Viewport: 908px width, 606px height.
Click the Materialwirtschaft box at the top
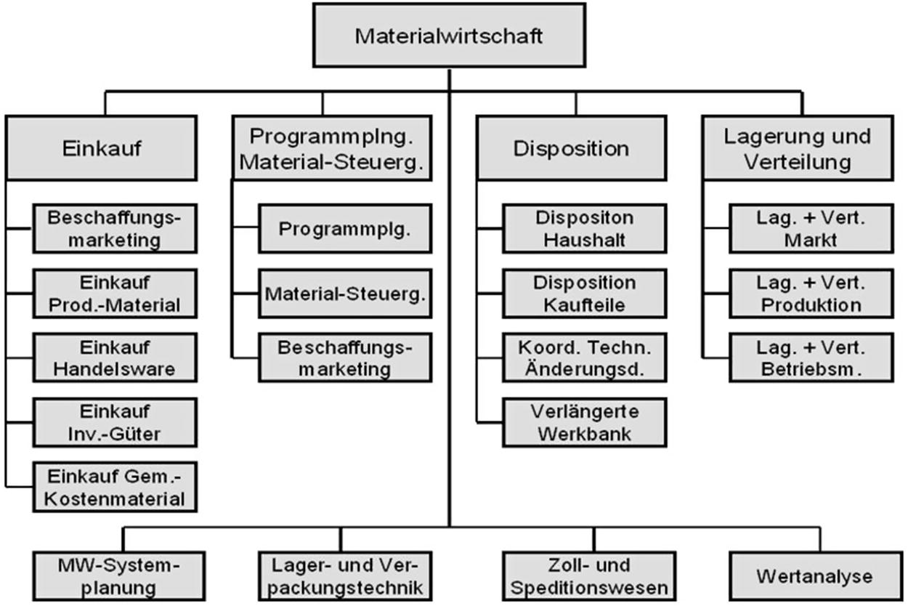tap(448, 36)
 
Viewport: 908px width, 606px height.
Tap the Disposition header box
tap(571, 148)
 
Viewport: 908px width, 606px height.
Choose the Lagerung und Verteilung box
tap(797, 148)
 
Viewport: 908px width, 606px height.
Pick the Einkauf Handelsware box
tap(114, 357)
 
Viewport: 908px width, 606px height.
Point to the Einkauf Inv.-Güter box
tap(114, 424)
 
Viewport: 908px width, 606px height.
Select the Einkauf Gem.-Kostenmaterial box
tap(114, 488)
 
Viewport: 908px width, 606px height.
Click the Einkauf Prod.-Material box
tap(114, 294)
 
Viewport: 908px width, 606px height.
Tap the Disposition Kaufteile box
tap(584, 294)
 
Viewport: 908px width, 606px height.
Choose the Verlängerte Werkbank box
tap(584, 422)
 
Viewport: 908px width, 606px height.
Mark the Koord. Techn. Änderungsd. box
tap(584, 357)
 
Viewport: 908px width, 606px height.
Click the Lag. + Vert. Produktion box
tap(811, 294)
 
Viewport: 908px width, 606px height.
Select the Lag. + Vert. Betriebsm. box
tap(811, 357)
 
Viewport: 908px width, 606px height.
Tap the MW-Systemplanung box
tap(118, 577)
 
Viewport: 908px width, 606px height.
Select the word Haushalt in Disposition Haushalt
tap(584, 240)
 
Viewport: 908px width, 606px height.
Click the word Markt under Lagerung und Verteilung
tap(811, 240)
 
